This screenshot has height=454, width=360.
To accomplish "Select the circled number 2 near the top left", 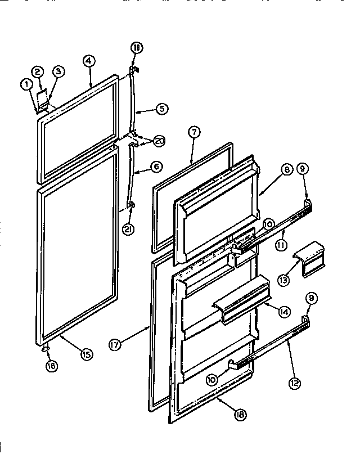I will (x=38, y=71).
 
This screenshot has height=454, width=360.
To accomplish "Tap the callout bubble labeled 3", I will (x=58, y=71).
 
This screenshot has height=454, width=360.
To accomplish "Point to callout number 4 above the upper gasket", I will (x=89, y=61).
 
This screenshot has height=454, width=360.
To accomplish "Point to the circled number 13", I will (x=285, y=280).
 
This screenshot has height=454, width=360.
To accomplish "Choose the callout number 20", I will (x=159, y=141).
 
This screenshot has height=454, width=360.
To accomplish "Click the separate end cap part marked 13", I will (x=310, y=260).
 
